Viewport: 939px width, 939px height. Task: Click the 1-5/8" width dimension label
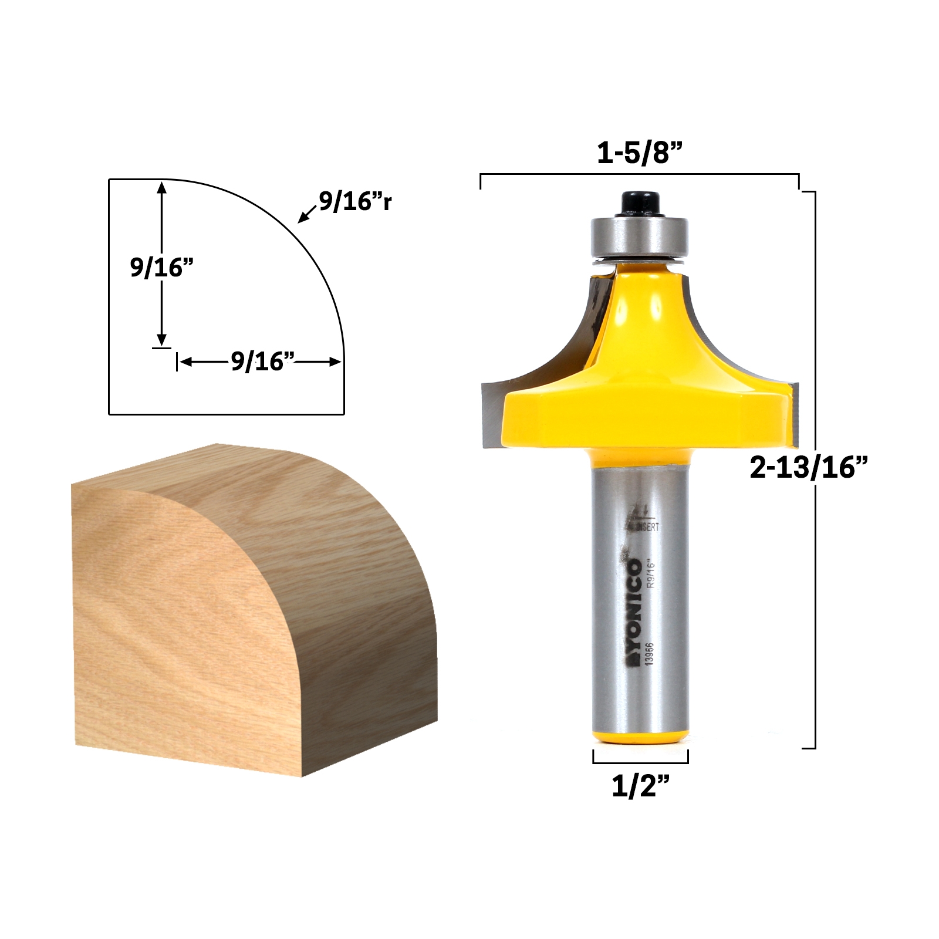pyautogui.click(x=640, y=154)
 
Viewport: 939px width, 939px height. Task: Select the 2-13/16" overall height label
pyautogui.click(x=808, y=468)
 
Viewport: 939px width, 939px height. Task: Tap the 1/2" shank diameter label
pyautogui.click(x=640, y=785)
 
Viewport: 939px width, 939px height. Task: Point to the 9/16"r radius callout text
pyautogui.click(x=355, y=201)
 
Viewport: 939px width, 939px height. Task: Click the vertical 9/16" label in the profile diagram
pyautogui.click(x=161, y=268)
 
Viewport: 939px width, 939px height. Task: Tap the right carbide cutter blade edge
pyautogui.click(x=793, y=411)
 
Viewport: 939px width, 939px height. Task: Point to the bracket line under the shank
pyautogui.click(x=640, y=763)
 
